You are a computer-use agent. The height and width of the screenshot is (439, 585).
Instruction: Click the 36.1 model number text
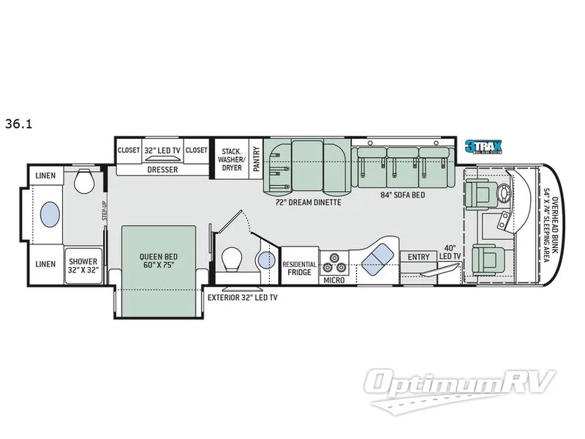pyautogui.click(x=17, y=124)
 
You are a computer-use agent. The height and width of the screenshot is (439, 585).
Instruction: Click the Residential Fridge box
pyautogui.click(x=299, y=268)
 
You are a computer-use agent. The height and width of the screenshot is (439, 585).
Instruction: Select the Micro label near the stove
pyautogui.click(x=334, y=279)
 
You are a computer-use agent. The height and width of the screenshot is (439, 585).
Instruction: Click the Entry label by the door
pyautogui.click(x=419, y=257)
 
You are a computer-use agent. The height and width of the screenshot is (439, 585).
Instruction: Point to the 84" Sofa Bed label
pyautogui.click(x=402, y=195)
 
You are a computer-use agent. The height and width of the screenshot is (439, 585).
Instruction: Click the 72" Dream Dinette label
pyautogui.click(x=307, y=201)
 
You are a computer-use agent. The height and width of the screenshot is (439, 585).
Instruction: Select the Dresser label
pyautogui.click(x=162, y=169)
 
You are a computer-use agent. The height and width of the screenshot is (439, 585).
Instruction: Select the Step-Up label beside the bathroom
pyautogui.click(x=105, y=210)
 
